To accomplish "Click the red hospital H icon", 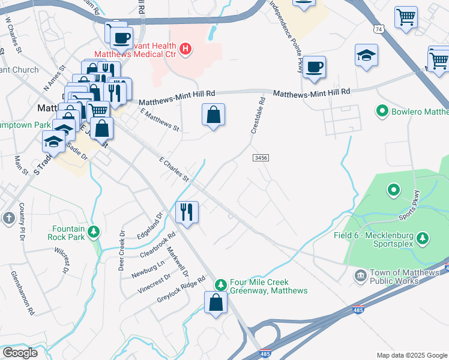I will (186, 49).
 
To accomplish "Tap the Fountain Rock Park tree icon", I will (93, 231).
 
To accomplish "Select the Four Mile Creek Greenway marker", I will (221, 283).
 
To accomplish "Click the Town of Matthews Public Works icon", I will (360, 275).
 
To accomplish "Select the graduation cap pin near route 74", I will (366, 55).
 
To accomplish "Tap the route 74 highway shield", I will (378, 29).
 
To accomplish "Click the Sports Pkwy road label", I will (411, 205).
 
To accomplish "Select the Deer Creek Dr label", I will (122, 250).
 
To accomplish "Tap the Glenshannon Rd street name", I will (23, 293).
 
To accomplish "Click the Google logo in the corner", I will (19, 353).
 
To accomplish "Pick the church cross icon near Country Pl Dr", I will (8, 218).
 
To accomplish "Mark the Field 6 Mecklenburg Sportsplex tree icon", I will (423, 239).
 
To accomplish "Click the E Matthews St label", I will (160, 120).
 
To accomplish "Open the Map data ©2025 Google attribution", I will (412, 355).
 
